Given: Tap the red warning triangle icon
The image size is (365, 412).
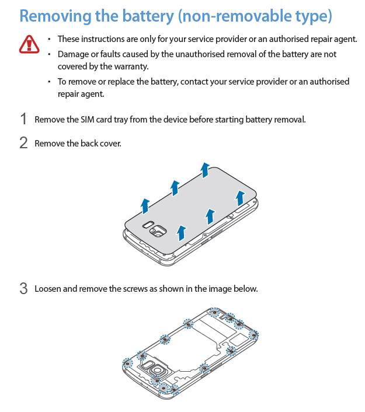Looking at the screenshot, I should [x=27, y=44].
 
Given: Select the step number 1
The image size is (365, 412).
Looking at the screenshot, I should [x=23, y=119].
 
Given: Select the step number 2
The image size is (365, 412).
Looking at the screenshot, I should [x=23, y=143].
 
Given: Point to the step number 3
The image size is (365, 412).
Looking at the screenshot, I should [x=23, y=288].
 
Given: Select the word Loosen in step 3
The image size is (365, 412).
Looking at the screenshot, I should [x=48, y=288].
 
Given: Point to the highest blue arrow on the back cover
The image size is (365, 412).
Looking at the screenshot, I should [x=205, y=169].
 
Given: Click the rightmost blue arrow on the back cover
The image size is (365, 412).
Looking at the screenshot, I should [x=239, y=197].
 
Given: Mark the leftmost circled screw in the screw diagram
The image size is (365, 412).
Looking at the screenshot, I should [x=127, y=362].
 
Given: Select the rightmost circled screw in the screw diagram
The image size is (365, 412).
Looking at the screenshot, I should [x=253, y=335].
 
